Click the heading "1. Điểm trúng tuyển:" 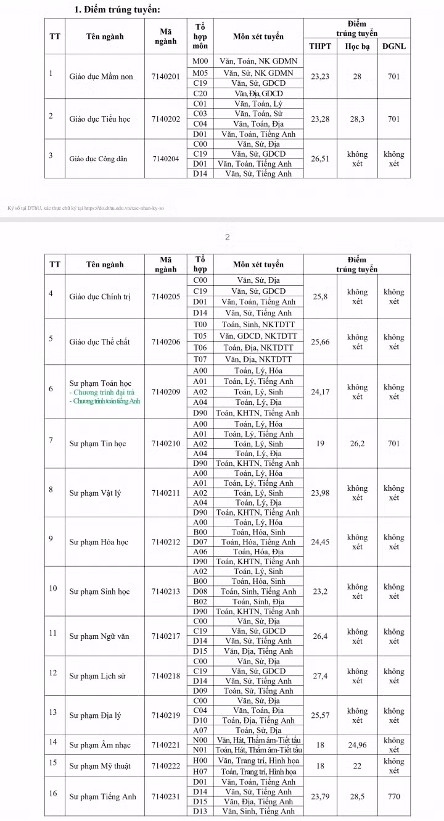pos(118,9)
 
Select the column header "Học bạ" pos(357,46)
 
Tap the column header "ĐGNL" pos(394,46)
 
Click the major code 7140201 pos(165,76)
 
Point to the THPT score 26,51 pos(320,159)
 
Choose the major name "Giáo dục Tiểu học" pos(100,119)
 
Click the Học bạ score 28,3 pos(357,119)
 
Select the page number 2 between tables pos(227,237)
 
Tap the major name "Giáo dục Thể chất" pos(100,342)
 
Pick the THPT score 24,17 pos(320,391)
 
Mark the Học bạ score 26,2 pos(357,443)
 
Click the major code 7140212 pos(165,542)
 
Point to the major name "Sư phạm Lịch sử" pos(97,676)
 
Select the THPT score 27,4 pos(320,676)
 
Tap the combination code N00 pos(200,740)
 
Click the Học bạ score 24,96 pos(357,744)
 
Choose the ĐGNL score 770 pos(394,796)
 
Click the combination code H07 pos(200,772)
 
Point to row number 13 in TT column pos(53,712)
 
